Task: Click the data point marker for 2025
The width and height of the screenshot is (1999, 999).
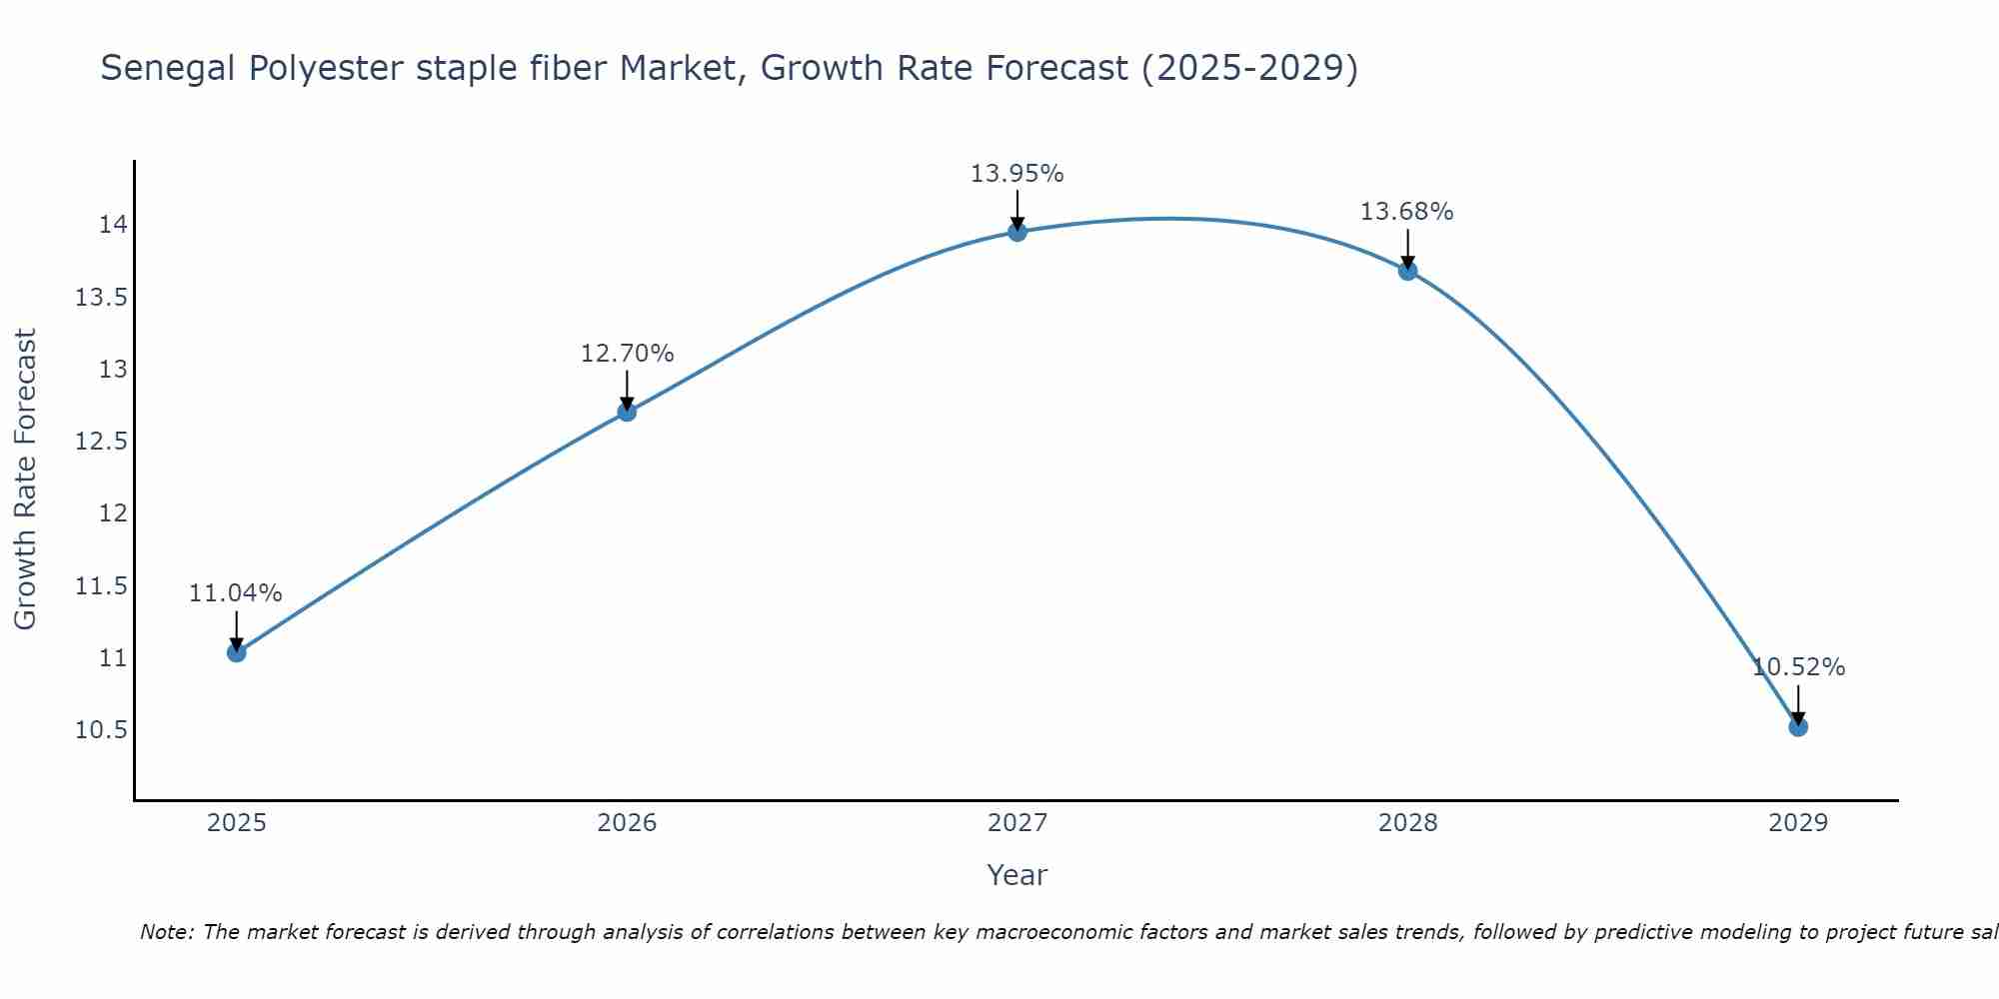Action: tap(237, 652)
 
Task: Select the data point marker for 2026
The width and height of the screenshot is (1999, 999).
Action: tap(627, 412)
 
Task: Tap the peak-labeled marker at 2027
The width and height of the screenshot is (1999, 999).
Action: tap(1017, 232)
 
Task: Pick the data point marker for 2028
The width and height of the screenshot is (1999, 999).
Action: tap(1407, 271)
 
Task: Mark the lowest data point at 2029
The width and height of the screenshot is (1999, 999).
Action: tap(1798, 726)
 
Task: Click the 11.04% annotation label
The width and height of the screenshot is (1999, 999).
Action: tap(236, 593)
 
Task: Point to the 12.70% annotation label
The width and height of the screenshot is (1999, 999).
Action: tap(627, 354)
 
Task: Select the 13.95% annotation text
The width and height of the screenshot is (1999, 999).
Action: tap(1017, 174)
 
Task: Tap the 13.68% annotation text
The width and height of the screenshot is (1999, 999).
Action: tap(1407, 212)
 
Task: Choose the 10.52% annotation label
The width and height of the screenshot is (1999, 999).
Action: tap(1798, 667)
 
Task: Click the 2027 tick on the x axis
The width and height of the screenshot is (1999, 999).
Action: tap(1017, 823)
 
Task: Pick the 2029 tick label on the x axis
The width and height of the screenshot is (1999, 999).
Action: tap(1798, 823)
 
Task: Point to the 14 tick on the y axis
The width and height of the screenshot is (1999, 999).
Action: tap(113, 225)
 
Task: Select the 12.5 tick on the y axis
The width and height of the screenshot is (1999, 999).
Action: tap(102, 442)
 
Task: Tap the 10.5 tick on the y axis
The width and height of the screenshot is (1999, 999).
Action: tap(102, 730)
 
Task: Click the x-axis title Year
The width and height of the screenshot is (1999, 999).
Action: tap(1017, 875)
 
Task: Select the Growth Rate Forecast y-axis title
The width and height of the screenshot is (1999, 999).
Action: tap(26, 480)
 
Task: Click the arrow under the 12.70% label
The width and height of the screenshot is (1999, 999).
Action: tap(627, 390)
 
